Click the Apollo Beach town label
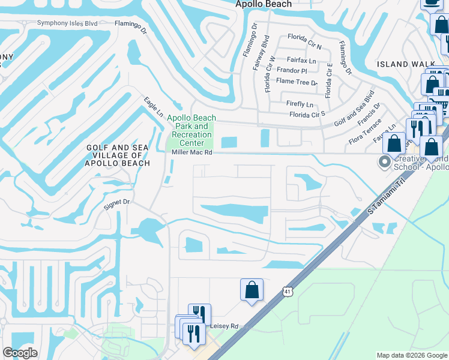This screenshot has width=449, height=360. (x=264, y=4)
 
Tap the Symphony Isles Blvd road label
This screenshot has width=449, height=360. (x=67, y=23)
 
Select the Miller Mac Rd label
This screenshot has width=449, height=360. (x=192, y=152)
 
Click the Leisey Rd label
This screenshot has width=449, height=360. (x=224, y=326)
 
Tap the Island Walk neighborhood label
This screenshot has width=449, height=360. (x=402, y=64)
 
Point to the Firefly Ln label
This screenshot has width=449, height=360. (x=300, y=104)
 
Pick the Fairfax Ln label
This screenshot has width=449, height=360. (x=301, y=60)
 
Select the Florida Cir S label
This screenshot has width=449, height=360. (x=307, y=114)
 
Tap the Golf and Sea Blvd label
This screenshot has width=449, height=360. (x=354, y=109)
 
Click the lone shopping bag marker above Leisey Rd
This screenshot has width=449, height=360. (x=252, y=290)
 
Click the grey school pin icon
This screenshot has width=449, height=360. (x=384, y=162)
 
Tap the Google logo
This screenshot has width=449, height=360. (x=20, y=353)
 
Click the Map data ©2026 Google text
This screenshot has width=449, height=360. (x=411, y=355)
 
